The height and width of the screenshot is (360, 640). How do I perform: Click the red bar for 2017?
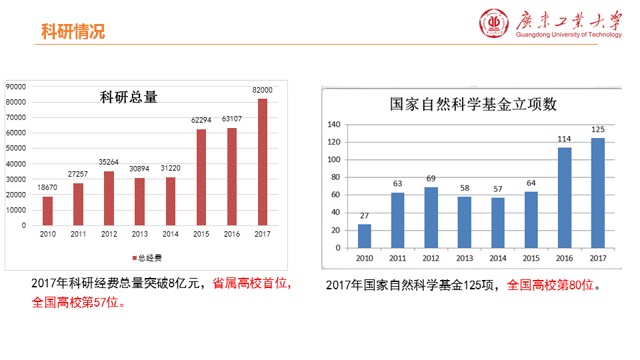point(263,162)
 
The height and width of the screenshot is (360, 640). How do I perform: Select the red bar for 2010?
point(47,211)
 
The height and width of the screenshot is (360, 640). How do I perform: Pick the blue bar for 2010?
point(364,236)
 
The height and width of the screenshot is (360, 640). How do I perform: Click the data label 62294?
point(201,121)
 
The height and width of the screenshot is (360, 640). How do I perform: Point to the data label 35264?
point(109,163)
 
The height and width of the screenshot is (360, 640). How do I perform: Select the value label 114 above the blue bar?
point(564,139)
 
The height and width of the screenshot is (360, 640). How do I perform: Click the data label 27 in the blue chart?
point(364,215)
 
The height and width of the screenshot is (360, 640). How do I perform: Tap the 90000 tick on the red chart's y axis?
point(16,86)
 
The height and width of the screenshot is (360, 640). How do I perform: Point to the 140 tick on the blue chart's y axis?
point(334,125)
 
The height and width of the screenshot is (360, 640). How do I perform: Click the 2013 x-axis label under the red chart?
point(140,235)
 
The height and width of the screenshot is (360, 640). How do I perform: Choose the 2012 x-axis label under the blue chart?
point(431,259)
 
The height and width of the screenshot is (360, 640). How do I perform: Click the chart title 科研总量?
point(129,97)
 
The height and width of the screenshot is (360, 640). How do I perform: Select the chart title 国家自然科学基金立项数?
point(473,104)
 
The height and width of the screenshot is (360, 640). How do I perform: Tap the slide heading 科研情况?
point(73,31)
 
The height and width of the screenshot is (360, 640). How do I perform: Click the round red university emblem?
point(494,24)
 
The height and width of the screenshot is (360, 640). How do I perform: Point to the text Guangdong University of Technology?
point(569,35)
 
